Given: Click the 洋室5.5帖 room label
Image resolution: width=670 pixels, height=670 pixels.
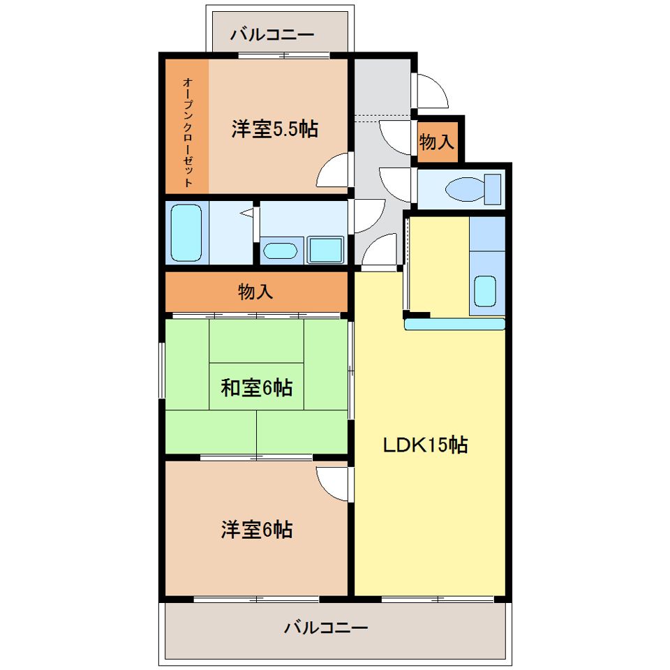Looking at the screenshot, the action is pos(275,128).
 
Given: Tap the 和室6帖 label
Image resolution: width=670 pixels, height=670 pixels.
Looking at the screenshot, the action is pos(256,387).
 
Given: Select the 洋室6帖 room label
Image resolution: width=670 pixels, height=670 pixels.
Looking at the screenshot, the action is pos(256,529).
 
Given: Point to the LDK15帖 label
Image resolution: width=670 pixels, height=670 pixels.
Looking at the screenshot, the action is pos(425,445).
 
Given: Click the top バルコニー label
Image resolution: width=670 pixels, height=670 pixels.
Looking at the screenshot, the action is pos(272,33).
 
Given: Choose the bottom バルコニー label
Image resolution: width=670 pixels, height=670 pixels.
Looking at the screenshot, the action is pos(326,627).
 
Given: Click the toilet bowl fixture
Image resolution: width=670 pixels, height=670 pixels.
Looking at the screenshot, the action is pos(465,189).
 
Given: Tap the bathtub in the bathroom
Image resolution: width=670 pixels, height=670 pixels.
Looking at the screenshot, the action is pos(186,232).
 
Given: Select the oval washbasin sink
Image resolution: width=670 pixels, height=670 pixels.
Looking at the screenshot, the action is pos(280,251).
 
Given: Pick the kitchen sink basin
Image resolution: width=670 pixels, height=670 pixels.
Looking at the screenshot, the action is pos(485,291).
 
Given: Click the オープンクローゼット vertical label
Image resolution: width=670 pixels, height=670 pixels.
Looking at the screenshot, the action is pos(188,132).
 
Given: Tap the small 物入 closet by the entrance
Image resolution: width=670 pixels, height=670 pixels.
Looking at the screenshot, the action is pos(436,142).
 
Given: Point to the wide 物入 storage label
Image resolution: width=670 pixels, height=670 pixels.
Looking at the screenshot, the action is pos(255,292).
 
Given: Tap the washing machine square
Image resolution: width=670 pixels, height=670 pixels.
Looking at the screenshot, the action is pos(326,250).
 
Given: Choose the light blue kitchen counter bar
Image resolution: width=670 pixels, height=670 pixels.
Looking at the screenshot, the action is pos(454,325).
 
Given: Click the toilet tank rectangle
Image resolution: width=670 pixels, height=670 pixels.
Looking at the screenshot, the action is pos(492,189).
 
